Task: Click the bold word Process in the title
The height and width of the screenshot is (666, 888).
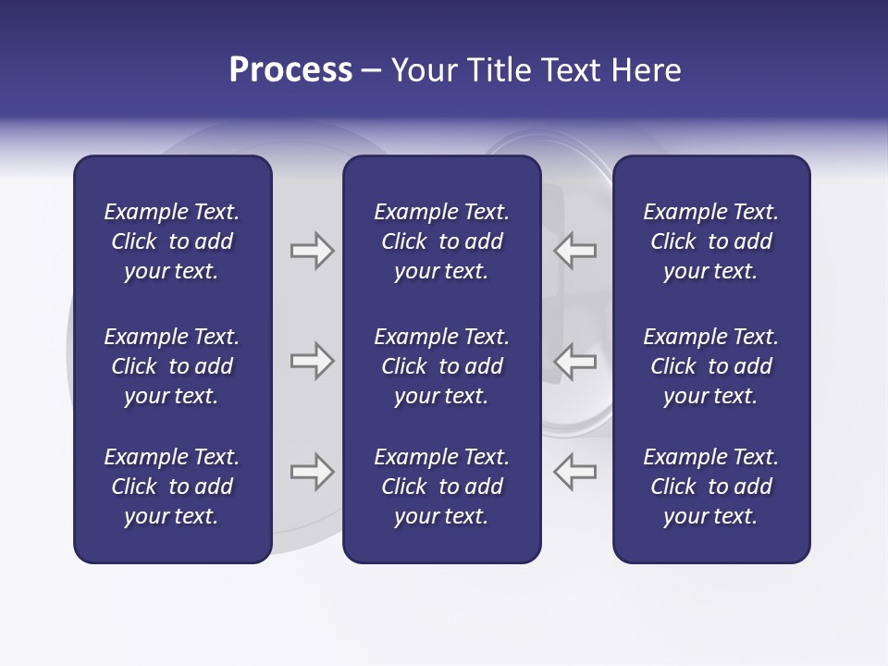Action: [x=290, y=70]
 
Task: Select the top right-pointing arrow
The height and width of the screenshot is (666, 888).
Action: [x=313, y=251]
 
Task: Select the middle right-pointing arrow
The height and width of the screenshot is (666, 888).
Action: [x=313, y=361]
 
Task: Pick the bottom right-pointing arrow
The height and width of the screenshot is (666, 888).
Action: [x=313, y=472]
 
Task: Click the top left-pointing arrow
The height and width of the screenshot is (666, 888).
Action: [x=574, y=251]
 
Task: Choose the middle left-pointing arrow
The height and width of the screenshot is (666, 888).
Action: [x=574, y=361]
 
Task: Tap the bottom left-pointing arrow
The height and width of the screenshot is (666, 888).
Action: [x=574, y=472]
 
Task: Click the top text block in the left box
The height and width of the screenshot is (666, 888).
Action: [x=172, y=241]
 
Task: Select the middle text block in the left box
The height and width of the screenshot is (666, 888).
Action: [x=172, y=366]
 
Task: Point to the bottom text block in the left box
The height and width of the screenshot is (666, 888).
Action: [x=172, y=487]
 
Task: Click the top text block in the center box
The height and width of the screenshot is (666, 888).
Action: [x=441, y=241]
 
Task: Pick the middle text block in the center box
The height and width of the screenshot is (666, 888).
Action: [x=441, y=366]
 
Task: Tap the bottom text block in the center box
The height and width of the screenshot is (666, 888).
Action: [x=441, y=487]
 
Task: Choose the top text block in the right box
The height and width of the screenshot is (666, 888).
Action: [x=711, y=241]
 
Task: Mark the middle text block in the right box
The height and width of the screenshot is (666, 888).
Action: [x=711, y=366]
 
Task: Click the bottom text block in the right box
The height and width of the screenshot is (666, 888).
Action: [x=711, y=487]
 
